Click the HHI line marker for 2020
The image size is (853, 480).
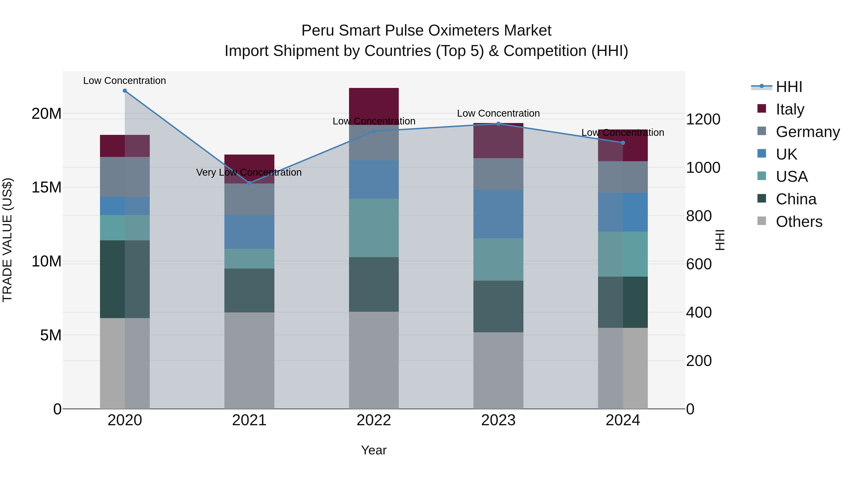click(125, 91)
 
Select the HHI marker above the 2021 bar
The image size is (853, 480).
click(249, 183)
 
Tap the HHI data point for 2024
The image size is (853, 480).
click(623, 143)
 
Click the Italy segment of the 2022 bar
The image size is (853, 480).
click(374, 106)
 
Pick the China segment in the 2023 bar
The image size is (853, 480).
click(498, 306)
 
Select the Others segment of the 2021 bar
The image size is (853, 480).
click(249, 360)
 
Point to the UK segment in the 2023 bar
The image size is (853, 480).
click(498, 214)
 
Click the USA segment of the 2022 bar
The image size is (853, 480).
click(374, 228)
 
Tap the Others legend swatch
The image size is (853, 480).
click(762, 221)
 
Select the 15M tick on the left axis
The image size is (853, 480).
click(46, 187)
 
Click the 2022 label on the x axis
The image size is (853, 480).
click(374, 420)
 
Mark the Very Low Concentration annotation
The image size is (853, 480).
click(249, 172)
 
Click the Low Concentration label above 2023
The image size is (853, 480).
click(498, 113)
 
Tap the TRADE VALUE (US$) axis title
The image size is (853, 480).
click(7, 240)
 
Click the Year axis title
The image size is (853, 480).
click(374, 450)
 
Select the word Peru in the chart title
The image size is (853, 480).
click(317, 31)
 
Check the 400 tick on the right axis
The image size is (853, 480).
click(699, 312)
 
